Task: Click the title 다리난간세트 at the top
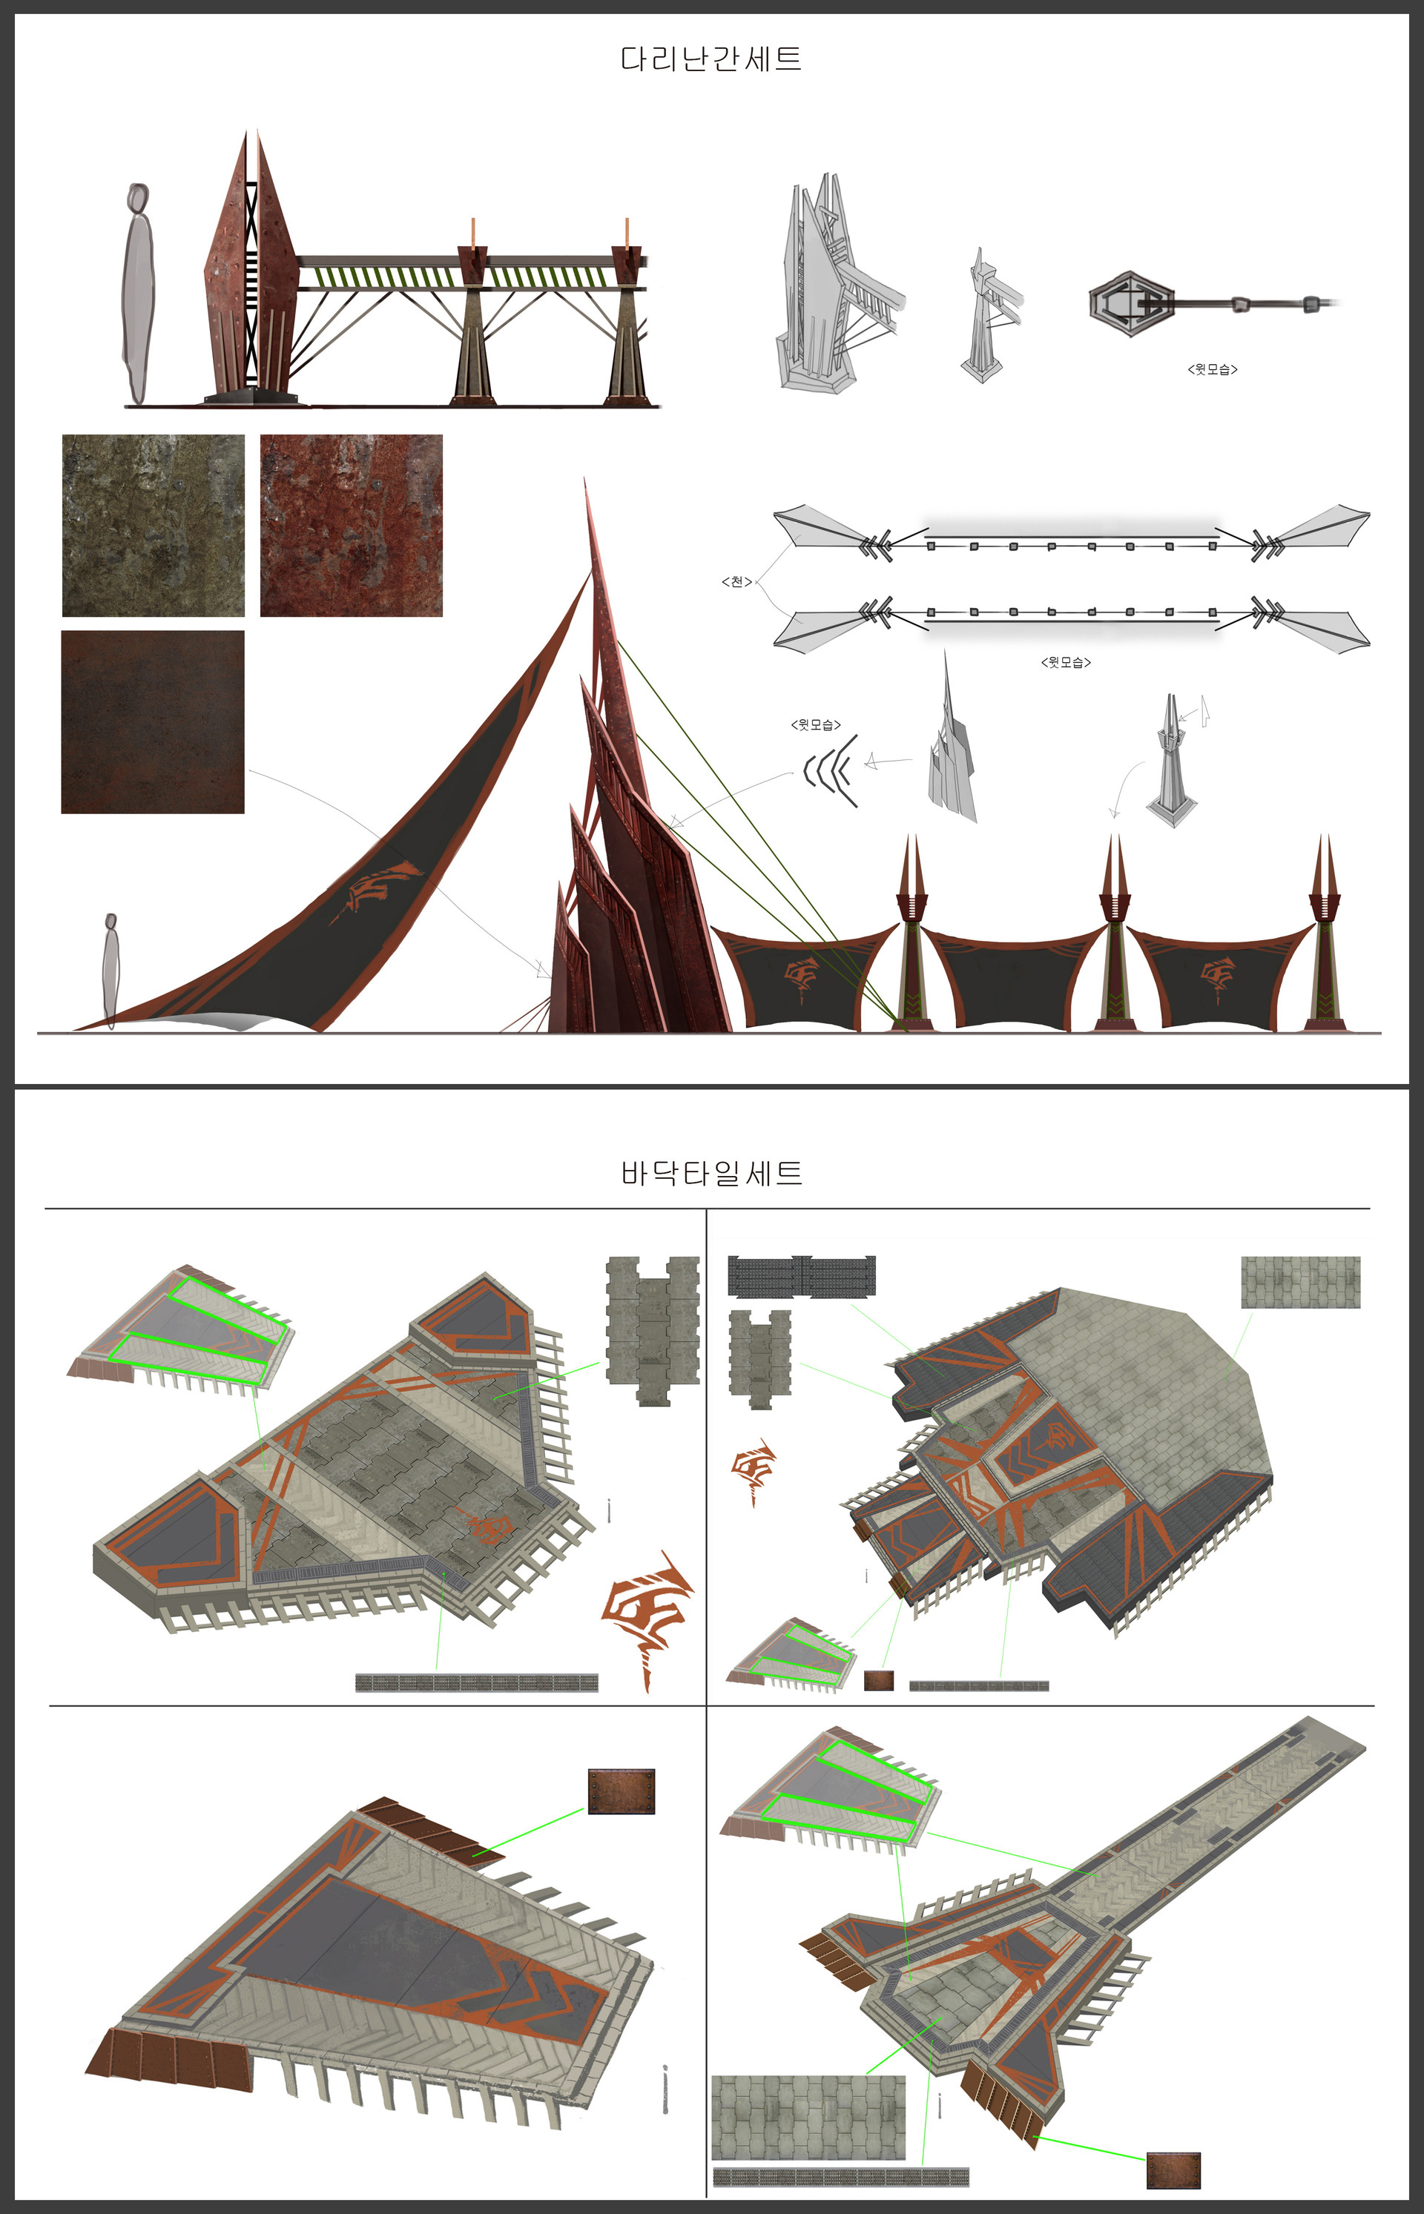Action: click(711, 59)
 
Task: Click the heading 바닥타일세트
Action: click(711, 1173)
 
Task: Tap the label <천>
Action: click(736, 581)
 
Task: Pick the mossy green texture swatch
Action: click(154, 525)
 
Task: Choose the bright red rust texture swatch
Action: click(352, 525)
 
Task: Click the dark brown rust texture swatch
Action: click(153, 722)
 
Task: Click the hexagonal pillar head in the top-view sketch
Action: click(1131, 303)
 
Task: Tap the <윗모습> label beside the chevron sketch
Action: click(816, 724)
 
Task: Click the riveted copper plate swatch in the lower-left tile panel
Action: click(622, 1791)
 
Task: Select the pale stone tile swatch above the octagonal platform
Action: click(1300, 1281)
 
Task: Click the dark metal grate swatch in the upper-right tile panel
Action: click(801, 1276)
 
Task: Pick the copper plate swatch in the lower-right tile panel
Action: click(1173, 2170)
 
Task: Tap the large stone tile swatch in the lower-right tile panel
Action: click(808, 2118)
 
